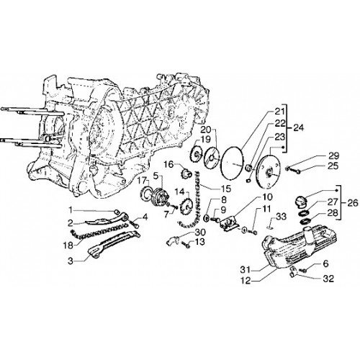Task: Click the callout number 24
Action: click(298, 127)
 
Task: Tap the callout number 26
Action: click(352, 203)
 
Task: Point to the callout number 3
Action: click(70, 261)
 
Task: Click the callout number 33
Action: click(281, 217)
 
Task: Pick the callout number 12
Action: click(245, 281)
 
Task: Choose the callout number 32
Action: click(328, 279)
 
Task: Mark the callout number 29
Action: click(333, 156)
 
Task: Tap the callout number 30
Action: click(200, 232)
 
